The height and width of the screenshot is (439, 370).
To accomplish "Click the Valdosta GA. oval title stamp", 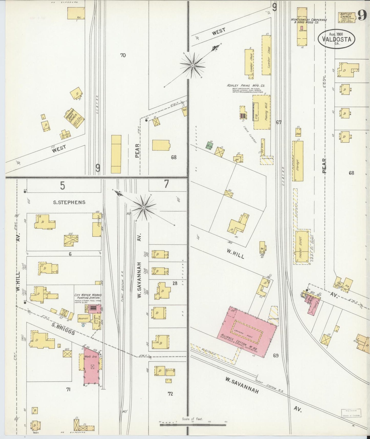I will tap(336, 39).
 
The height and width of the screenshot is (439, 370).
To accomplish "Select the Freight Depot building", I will tap(302, 247).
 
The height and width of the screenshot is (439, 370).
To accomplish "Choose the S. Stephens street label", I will tap(69, 202).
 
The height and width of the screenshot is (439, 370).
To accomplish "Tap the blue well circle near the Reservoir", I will tap(83, 325).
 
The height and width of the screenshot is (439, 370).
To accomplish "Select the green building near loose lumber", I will tap(210, 145).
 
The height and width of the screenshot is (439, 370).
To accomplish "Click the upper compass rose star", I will tap(193, 66).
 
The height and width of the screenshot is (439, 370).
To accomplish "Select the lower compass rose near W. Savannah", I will tap(144, 207).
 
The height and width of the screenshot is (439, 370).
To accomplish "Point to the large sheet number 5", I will tap(62, 186).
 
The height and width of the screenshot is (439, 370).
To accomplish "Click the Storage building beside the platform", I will tap(298, 161).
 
